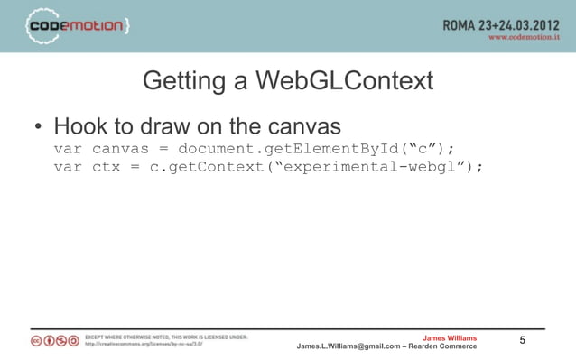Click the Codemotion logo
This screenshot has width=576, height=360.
pyautogui.click(x=78, y=26)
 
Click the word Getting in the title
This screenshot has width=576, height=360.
pyautogui.click(x=185, y=82)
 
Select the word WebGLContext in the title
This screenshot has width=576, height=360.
pyautogui.click(x=345, y=82)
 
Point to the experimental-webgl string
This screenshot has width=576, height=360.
pyautogui.click(x=375, y=167)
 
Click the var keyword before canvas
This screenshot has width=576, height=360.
pyautogui.click(x=69, y=148)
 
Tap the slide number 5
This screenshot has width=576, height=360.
pyautogui.click(x=523, y=340)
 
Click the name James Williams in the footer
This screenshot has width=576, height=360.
pyautogui.click(x=450, y=338)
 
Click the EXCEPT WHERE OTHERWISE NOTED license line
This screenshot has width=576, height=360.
pyautogui.click(x=167, y=337)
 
